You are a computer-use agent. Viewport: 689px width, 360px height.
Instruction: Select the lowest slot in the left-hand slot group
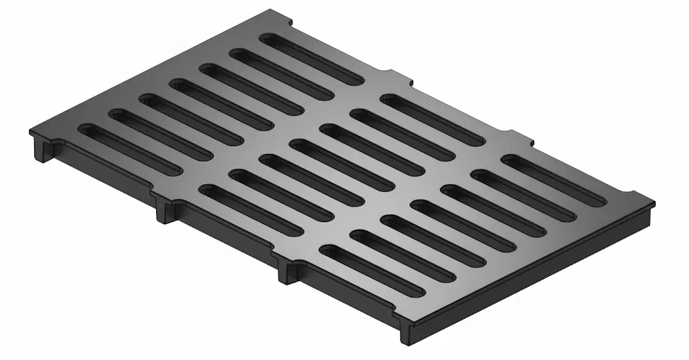(x=130, y=149)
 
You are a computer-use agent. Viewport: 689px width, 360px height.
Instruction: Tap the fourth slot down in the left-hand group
(x=221, y=104)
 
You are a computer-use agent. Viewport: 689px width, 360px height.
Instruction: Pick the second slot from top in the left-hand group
(x=281, y=75)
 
